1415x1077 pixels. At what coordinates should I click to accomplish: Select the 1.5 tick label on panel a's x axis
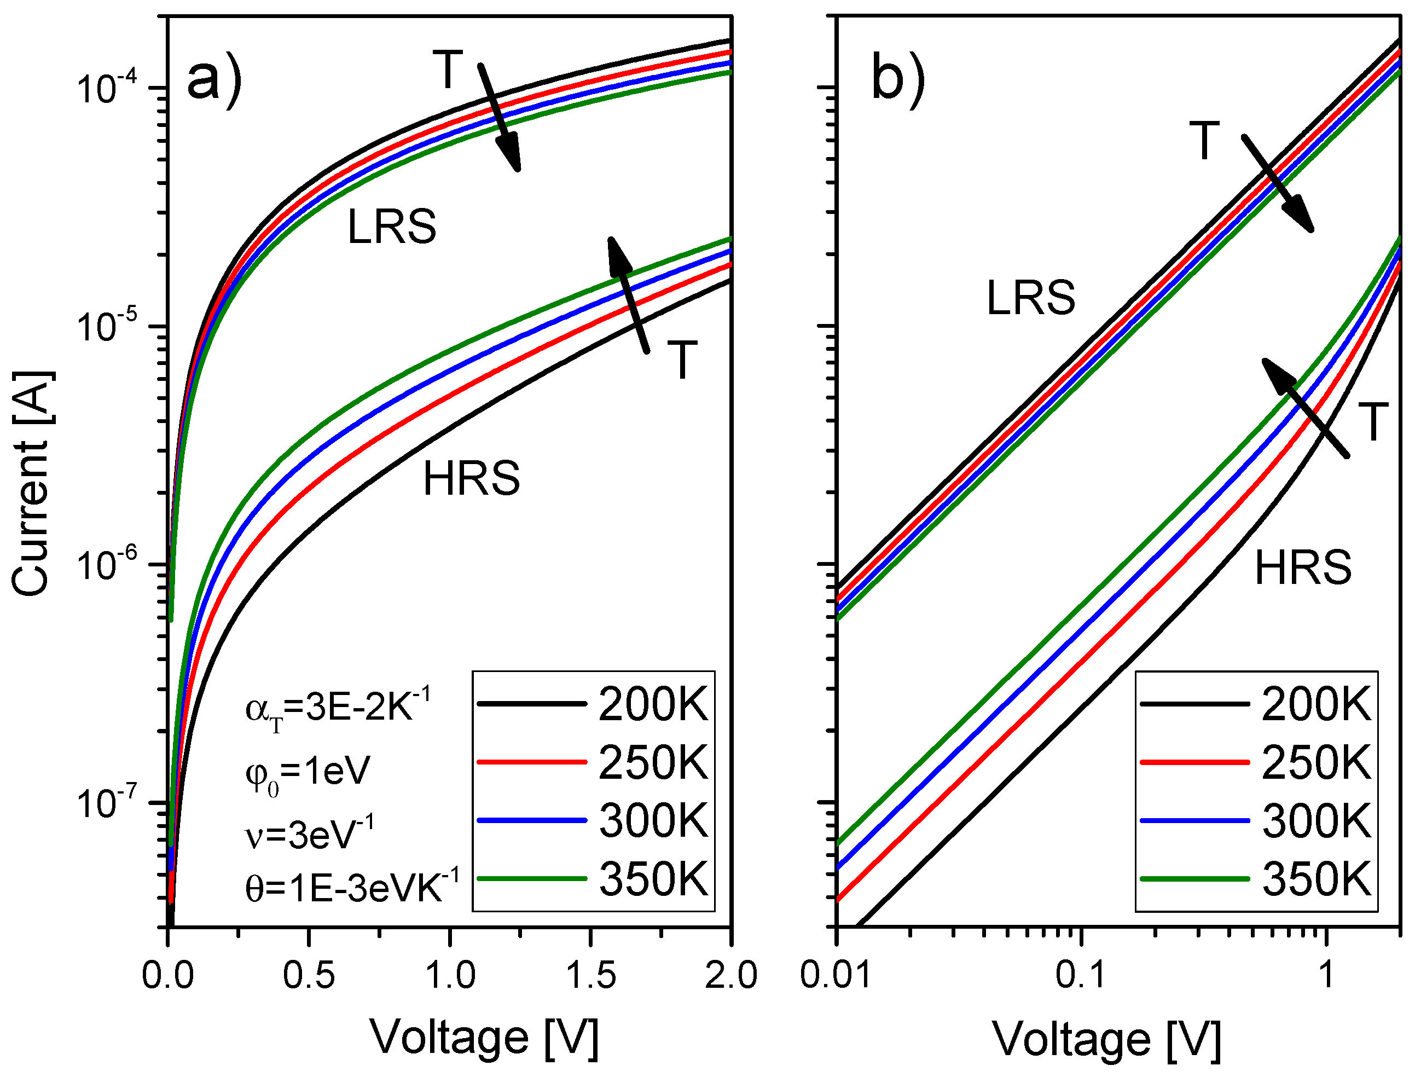pyautogui.click(x=591, y=976)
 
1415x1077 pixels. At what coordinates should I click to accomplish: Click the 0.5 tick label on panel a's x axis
pyautogui.click(x=309, y=976)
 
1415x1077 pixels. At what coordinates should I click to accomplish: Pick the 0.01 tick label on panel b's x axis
pyautogui.click(x=836, y=976)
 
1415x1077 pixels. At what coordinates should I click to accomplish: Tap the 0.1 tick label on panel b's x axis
pyautogui.click(x=1081, y=976)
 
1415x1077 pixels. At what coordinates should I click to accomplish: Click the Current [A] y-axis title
pyautogui.click(x=32, y=484)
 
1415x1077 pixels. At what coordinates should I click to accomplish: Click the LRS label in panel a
pyautogui.click(x=392, y=227)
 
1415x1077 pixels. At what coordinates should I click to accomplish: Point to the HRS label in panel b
pyautogui.click(x=1302, y=568)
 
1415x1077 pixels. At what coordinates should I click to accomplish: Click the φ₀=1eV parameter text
pyautogui.click(x=308, y=773)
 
